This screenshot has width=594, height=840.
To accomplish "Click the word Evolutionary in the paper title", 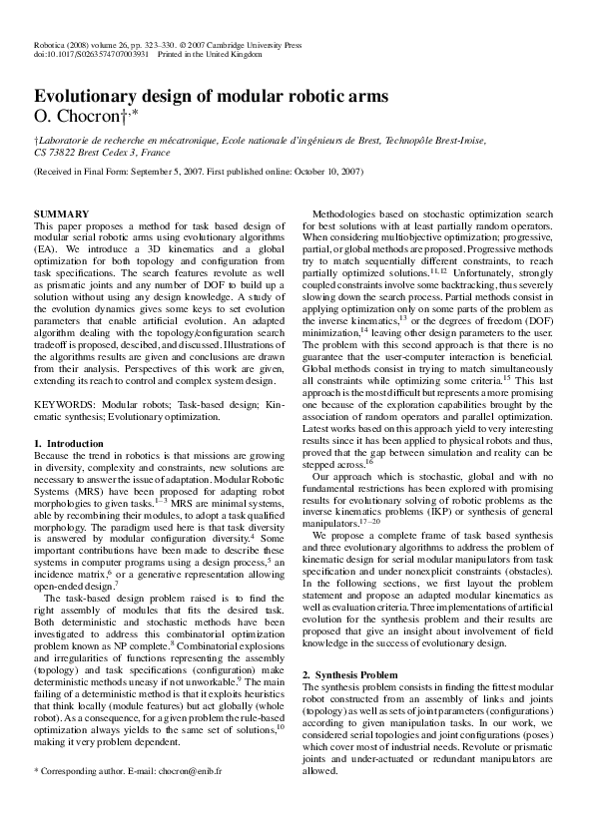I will (x=86, y=97).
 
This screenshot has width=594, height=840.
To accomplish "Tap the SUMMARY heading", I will (x=62, y=214).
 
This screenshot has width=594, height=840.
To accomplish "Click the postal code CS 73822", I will (x=56, y=154).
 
